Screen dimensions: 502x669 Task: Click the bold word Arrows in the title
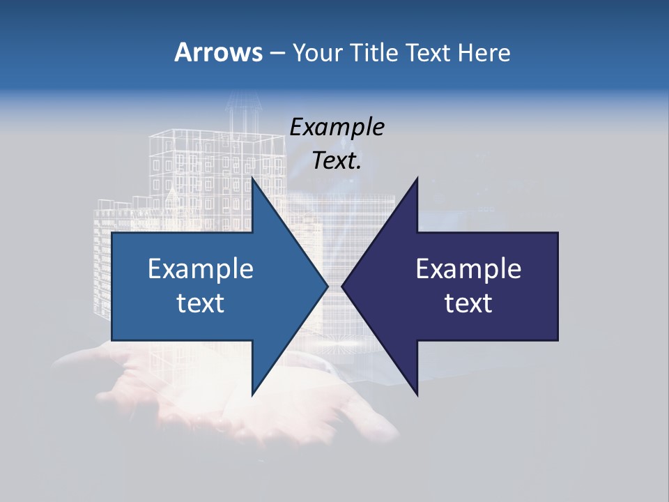[218, 52]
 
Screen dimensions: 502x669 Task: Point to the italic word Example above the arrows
[337, 127]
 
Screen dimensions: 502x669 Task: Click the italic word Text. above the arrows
[337, 161]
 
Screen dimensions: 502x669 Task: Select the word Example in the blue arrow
[201, 268]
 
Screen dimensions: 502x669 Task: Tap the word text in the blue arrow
[201, 303]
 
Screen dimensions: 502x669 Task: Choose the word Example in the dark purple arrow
[468, 268]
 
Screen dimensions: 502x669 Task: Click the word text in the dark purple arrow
[468, 303]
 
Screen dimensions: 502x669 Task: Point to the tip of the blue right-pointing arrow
[326, 286]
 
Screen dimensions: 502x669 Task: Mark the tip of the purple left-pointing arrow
[343, 286]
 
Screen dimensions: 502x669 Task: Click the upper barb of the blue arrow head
[254, 183]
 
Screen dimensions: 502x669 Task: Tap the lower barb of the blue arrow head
[254, 390]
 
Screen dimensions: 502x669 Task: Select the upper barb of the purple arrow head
[416, 183]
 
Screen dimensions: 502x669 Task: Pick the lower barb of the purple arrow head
[416, 390]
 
